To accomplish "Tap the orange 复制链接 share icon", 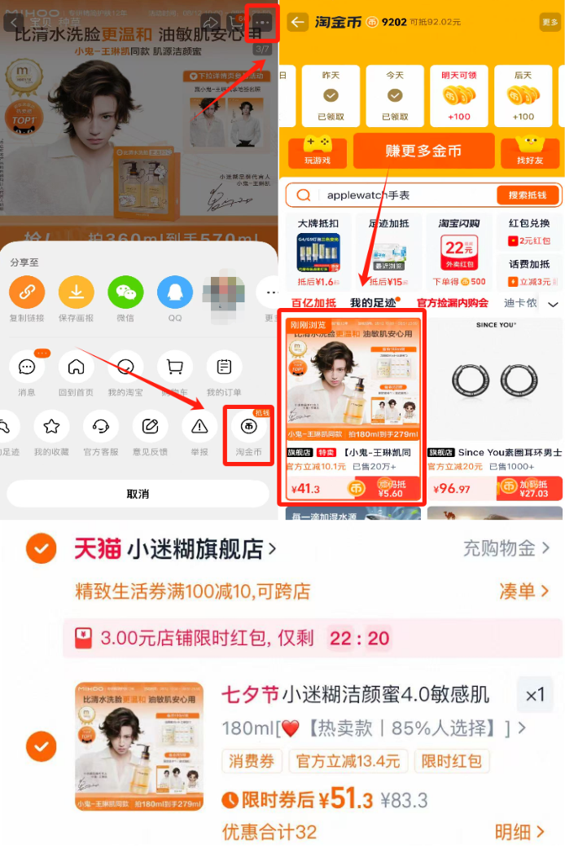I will point(27,292).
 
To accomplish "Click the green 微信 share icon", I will point(125,292).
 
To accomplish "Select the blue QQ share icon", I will point(175,292).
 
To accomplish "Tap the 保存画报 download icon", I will point(77,292).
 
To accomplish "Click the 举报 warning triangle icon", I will point(199,425).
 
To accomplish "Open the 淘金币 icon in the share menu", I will point(248,425).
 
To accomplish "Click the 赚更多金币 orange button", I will point(423,151).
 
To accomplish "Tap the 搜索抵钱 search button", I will point(528,196).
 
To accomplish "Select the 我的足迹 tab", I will point(373,303).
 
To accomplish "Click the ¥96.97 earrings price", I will point(453,489).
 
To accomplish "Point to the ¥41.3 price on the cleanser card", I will point(305,489).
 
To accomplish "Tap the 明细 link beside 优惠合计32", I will point(519,832).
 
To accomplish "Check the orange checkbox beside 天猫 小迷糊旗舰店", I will point(41,549).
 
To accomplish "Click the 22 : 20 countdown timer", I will point(359,638).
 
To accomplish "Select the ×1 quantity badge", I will point(535,696).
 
